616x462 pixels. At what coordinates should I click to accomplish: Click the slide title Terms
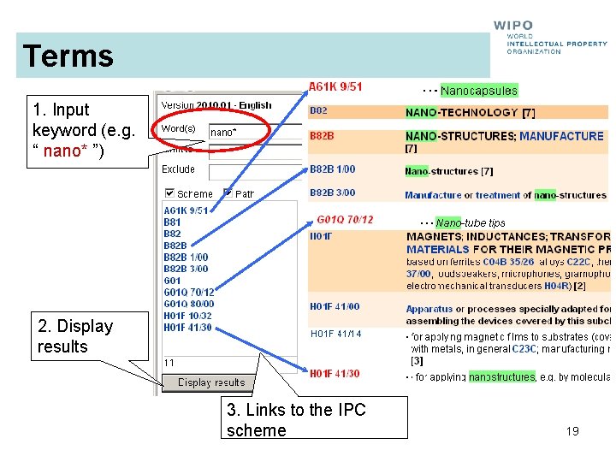point(68,56)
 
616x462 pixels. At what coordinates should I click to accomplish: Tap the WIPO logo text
point(513,27)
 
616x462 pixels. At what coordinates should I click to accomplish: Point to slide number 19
point(572,431)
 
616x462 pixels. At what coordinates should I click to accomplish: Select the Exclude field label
point(179,169)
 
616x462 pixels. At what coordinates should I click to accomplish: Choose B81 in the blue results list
point(172,222)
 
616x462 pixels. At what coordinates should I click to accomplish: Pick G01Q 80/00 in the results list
point(189,304)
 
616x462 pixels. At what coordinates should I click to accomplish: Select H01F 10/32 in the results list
point(188,316)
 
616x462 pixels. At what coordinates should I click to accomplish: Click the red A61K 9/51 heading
point(335,86)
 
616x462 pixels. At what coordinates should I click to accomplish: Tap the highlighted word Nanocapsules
point(479,91)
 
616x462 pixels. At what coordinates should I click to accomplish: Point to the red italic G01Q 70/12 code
point(345,220)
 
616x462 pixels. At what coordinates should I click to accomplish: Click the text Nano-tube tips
point(471,223)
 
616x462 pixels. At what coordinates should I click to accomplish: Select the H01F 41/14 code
point(335,334)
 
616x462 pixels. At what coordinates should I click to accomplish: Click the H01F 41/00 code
point(335,306)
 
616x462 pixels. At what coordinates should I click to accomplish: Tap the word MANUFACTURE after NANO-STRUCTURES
point(561,136)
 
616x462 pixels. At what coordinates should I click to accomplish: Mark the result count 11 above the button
point(169,363)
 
